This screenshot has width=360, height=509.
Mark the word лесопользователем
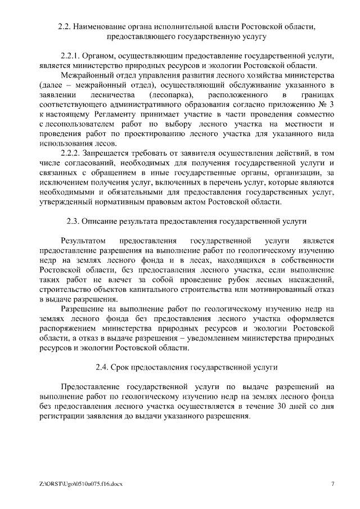[76, 124]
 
